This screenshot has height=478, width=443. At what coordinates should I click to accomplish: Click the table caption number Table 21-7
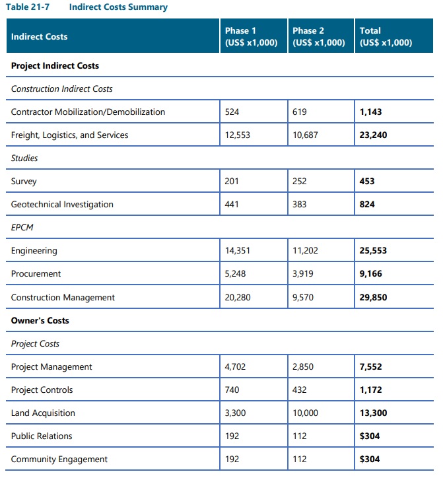click(27, 7)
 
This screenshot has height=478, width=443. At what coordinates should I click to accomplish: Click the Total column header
click(386, 37)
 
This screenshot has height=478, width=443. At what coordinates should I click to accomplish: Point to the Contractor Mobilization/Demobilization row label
click(88, 112)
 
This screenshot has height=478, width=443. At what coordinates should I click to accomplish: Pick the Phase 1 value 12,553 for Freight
click(237, 135)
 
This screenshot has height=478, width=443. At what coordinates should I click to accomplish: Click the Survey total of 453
click(367, 182)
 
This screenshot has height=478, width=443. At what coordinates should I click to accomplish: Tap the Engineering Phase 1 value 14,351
click(237, 251)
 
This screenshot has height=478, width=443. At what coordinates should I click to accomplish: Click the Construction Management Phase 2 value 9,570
click(302, 298)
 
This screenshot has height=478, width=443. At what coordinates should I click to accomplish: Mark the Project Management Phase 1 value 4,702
click(235, 367)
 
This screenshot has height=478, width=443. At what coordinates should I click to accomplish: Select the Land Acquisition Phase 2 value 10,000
click(305, 413)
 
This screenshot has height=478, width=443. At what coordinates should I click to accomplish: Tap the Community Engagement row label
click(59, 460)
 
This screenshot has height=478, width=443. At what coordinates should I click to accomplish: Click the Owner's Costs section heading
click(40, 321)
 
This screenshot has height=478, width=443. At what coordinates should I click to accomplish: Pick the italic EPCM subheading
click(22, 228)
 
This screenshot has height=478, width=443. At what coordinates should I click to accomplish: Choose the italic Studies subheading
click(24, 158)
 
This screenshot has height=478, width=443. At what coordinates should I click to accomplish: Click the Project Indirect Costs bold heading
click(55, 66)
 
